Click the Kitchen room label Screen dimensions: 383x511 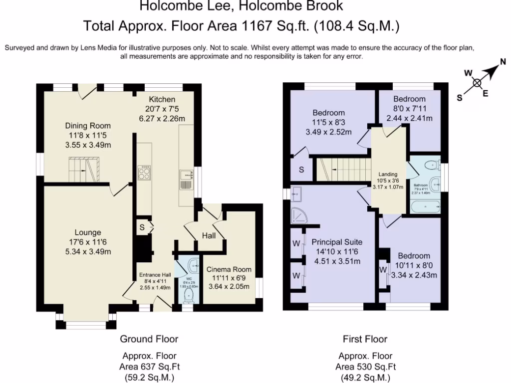click(162, 99)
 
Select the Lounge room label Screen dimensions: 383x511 click(88, 232)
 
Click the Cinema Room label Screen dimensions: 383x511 click(229, 269)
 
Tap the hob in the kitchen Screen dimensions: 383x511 click(144, 172)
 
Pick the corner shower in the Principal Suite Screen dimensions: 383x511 click(300, 215)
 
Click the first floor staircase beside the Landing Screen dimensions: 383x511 click(344, 170)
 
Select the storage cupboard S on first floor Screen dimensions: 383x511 click(301, 170)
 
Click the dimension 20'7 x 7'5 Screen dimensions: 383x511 click(162, 109)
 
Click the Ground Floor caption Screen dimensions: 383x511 click(149, 339)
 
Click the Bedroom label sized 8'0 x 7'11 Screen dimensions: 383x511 click(409, 99)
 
